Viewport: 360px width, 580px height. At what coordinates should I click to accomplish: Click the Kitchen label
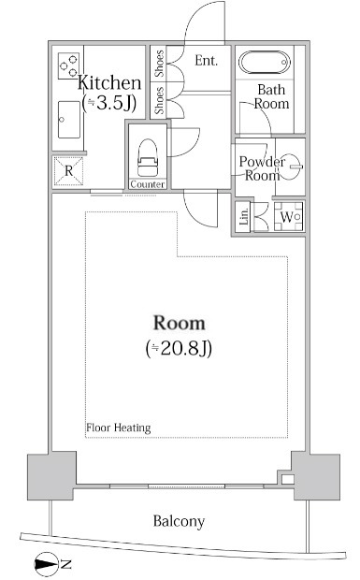pos(109,83)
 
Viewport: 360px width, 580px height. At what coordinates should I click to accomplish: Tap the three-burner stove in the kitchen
pos(69,65)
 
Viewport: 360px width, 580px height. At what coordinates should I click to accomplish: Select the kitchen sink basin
pos(69,120)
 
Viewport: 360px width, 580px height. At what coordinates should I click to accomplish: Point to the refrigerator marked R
pos(69,171)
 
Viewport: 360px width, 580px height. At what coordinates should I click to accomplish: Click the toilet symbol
pos(148,157)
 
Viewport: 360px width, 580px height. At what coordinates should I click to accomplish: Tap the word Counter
pos(148,184)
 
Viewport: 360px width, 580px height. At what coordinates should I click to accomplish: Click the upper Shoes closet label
pos(159,64)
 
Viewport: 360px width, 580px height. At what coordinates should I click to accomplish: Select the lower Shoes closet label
pos(159,100)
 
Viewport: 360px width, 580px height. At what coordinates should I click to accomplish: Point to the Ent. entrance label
pos(207,61)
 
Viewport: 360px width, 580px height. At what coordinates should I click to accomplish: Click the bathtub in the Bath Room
pos(265,63)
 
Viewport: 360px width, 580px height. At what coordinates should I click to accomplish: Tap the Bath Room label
pos(272,96)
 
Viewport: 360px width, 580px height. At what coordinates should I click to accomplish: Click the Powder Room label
pos(262,168)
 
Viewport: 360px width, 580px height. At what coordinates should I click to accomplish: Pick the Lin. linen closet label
pos(244,216)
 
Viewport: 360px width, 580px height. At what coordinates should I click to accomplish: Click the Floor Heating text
pos(119,428)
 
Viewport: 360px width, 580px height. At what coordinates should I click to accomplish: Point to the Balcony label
pos(179,521)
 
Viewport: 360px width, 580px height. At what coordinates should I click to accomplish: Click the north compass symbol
pos(48,564)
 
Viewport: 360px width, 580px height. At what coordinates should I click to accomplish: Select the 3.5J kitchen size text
pos(109,103)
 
